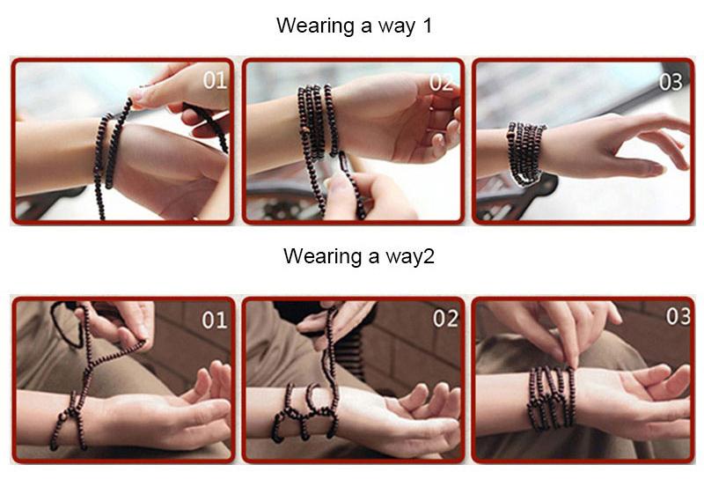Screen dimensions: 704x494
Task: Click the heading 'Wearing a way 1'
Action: coord(354,26)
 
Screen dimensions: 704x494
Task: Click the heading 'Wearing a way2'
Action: coord(359,256)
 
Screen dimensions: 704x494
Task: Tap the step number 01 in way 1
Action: coord(214,80)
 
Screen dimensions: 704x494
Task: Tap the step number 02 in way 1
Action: coord(441,83)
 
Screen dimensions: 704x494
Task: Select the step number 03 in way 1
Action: coord(671,82)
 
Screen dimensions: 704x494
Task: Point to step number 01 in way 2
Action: coord(214,321)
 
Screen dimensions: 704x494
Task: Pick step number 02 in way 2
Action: coord(445,319)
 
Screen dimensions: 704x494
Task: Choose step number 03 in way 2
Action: coord(678,316)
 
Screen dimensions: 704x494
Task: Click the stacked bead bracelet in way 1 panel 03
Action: coord(525,152)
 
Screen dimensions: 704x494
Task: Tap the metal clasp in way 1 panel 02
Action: coord(346,161)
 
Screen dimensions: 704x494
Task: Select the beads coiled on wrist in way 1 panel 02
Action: coord(317,122)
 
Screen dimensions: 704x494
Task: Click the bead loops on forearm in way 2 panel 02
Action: coord(304,411)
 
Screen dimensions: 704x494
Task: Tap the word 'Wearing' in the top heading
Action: coord(315,26)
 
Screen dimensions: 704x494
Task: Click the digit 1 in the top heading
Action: coord(427,26)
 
